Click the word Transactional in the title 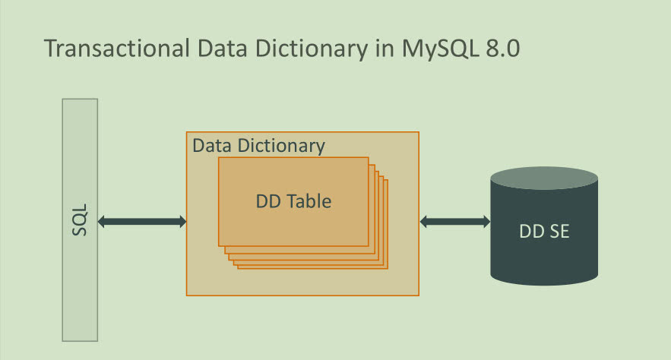point(117,48)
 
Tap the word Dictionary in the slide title point(311,49)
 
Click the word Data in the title point(222,49)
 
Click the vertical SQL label point(80,219)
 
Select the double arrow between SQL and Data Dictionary point(142,222)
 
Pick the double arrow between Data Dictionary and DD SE point(455,222)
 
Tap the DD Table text point(293,201)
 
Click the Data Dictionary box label point(259,147)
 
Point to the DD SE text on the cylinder point(544,232)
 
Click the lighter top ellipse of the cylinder point(544,178)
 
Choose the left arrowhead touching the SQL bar point(101,222)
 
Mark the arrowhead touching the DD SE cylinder point(487,222)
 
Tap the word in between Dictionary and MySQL point(385,49)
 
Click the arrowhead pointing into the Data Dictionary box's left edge point(182,222)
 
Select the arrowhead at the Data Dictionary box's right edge point(424,222)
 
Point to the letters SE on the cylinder point(560,232)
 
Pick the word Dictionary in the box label point(281,147)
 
